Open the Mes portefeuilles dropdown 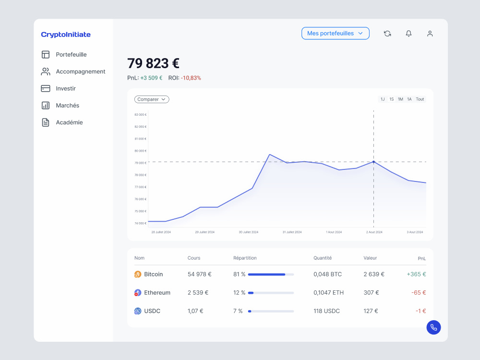335,34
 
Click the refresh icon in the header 387,34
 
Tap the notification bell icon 408,34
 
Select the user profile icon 430,34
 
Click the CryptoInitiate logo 66,35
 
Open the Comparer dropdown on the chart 152,99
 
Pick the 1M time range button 400,99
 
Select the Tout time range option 420,99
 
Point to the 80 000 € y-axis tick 141,151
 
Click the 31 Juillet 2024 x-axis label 292,232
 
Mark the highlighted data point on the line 373,162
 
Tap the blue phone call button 433,327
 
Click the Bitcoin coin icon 138,274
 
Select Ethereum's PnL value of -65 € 419,293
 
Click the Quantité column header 323,258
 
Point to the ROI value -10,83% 191,78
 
